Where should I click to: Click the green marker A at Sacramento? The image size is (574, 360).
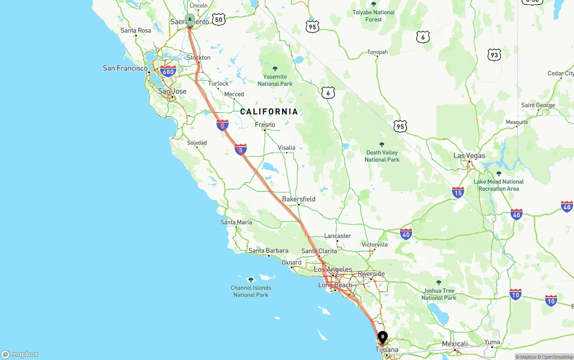(190, 20)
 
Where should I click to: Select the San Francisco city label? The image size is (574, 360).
(125, 68)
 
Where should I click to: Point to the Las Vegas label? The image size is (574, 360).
(469, 156)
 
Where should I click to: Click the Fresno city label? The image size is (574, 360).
(265, 125)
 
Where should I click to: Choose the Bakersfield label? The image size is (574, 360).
(299, 199)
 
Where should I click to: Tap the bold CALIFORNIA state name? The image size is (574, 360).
(269, 112)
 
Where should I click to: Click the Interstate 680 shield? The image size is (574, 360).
(168, 71)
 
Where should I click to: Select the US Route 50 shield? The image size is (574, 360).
(218, 19)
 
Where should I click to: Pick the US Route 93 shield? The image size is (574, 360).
(494, 55)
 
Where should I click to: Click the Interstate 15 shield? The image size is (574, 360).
(458, 193)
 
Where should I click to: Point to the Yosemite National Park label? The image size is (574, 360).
(275, 80)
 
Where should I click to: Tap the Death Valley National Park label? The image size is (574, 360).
(382, 156)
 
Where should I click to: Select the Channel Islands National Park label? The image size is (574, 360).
(251, 291)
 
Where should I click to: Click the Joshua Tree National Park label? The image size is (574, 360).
(439, 294)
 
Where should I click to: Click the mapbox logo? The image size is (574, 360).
(20, 354)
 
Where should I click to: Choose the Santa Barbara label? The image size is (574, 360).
(269, 251)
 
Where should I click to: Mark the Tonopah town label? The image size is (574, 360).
(377, 52)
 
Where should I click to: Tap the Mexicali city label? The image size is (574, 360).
(455, 344)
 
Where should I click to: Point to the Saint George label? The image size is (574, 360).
(538, 105)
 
